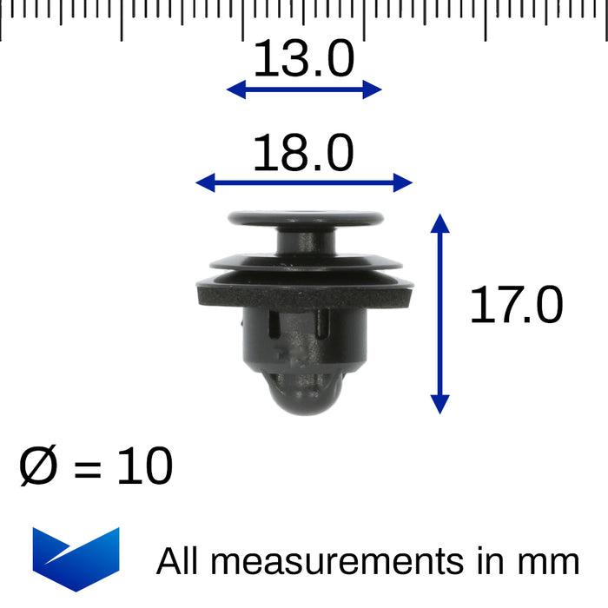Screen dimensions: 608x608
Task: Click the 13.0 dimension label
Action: click(x=304, y=60)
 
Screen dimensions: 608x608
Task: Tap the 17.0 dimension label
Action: click(x=516, y=306)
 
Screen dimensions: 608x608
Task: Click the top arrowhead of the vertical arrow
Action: click(x=440, y=222)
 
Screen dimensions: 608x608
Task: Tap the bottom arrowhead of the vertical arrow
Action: click(x=440, y=404)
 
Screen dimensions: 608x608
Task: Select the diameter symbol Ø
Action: click(x=39, y=468)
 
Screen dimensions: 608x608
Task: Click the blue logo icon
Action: click(x=76, y=558)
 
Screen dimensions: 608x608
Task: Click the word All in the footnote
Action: click(x=179, y=561)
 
